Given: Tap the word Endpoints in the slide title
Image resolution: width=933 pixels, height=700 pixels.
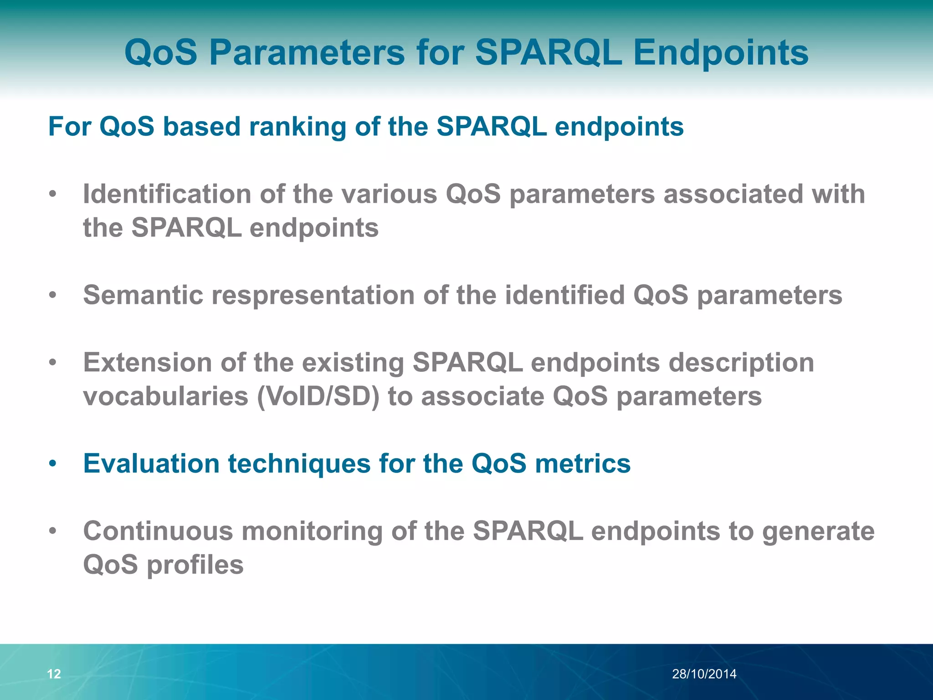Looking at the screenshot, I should click(721, 52).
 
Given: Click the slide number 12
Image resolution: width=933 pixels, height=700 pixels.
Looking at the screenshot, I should click(54, 674).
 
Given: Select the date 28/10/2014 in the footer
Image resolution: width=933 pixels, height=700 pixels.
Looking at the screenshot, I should click(704, 674).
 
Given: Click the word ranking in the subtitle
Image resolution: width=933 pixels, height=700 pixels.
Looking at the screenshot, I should click(297, 127).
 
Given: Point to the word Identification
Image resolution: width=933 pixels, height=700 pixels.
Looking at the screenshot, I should click(167, 194).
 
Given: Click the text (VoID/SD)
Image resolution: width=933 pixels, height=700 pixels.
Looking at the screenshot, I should click(318, 396).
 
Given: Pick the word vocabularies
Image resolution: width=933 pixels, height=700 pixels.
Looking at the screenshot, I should click(165, 396).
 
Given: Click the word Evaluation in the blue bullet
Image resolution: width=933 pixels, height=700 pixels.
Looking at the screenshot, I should click(151, 464).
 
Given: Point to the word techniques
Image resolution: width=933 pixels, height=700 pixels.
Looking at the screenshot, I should click(299, 464).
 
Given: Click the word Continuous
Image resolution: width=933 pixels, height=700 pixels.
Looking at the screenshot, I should click(158, 531).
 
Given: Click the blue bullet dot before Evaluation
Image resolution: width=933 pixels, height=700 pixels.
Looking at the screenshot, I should click(53, 464).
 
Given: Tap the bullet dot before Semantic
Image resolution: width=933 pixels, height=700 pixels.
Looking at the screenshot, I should click(53, 295).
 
